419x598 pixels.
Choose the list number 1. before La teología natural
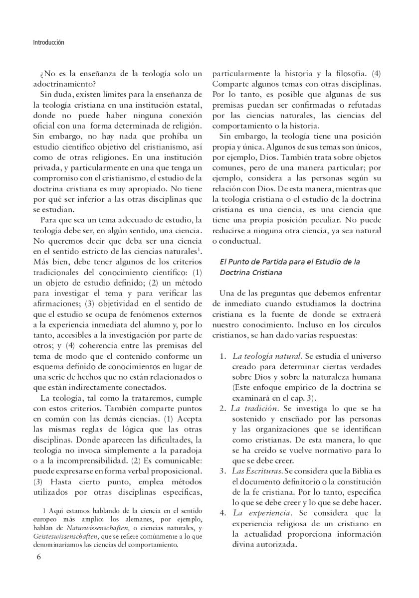(224, 357)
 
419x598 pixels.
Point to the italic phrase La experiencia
(255, 512)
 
